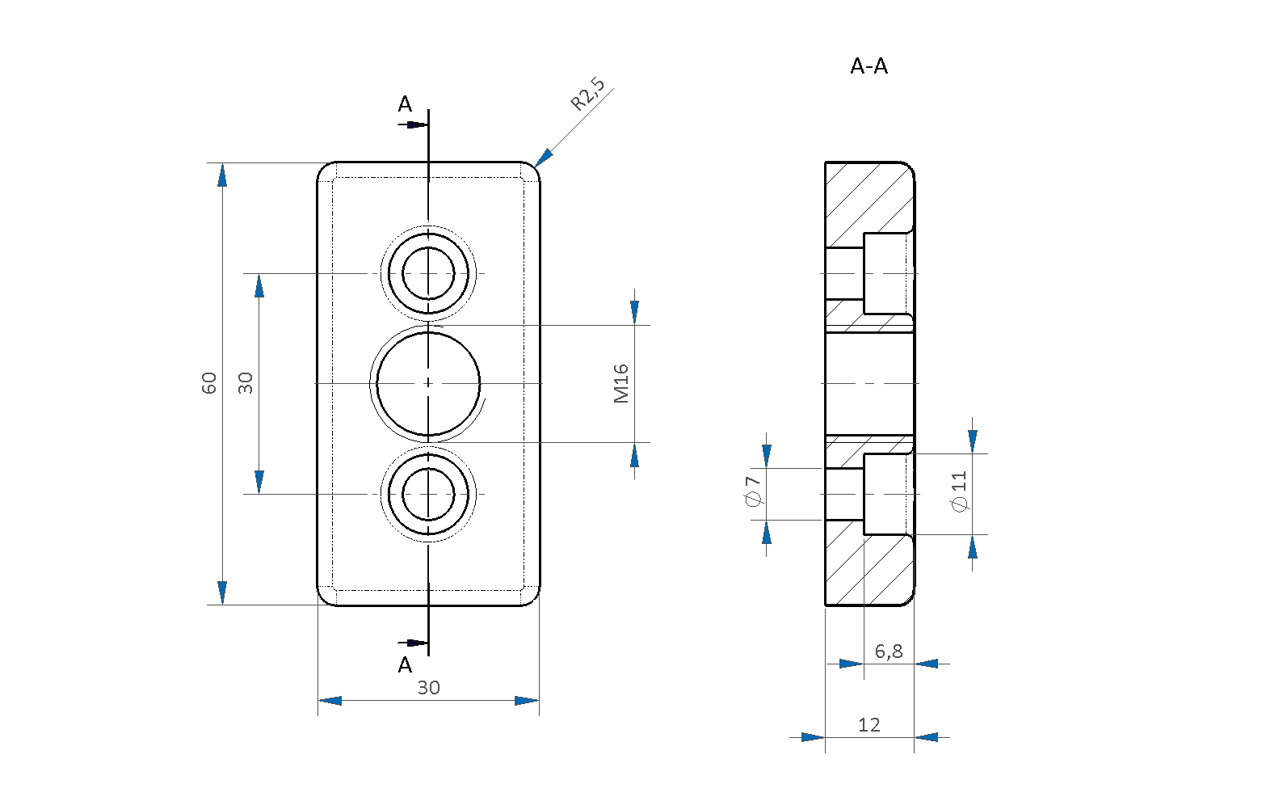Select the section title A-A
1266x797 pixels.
pyautogui.click(x=869, y=67)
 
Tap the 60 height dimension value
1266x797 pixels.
pyautogui.click(x=209, y=383)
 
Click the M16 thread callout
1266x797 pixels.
pyautogui.click(x=621, y=383)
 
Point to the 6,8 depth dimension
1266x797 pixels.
pyautogui.click(x=889, y=652)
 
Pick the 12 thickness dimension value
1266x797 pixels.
pyautogui.click(x=869, y=725)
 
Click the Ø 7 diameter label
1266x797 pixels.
pyautogui.click(x=754, y=491)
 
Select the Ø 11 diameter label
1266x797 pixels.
pyautogui.click(x=960, y=491)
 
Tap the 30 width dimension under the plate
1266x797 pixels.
pyautogui.click(x=428, y=688)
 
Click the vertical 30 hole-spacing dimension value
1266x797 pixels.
pyautogui.click(x=246, y=383)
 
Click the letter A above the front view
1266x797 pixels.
pyautogui.click(x=405, y=104)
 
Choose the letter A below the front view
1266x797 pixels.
pyautogui.click(x=405, y=665)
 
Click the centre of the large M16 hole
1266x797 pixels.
pyautogui.click(x=428, y=383)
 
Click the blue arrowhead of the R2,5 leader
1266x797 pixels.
pyautogui.click(x=544, y=158)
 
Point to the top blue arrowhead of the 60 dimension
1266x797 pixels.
pyautogui.click(x=222, y=175)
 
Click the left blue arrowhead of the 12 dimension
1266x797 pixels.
pyautogui.click(x=813, y=737)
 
